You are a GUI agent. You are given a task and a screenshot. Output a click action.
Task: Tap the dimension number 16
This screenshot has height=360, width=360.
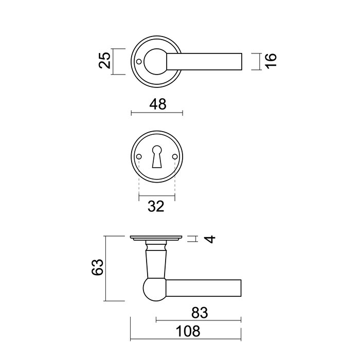[x=272, y=61]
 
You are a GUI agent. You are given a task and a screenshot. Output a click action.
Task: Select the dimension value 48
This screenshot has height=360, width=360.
[x=157, y=104]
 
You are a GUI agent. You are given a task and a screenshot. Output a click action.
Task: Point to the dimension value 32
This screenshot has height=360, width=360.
[x=157, y=206]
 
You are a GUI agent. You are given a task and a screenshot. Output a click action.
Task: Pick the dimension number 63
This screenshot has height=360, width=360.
[x=98, y=267]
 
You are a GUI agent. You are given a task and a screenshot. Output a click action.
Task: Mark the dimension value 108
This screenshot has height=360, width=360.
[x=186, y=331]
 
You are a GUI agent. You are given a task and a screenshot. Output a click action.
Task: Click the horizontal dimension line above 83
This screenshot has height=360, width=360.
[x=198, y=321]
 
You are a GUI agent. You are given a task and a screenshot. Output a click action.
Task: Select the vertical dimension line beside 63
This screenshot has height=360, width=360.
[x=105, y=268]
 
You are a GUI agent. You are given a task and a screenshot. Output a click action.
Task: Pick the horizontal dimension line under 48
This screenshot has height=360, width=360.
[x=157, y=113]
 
